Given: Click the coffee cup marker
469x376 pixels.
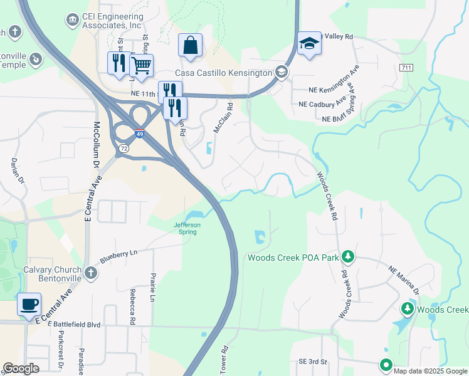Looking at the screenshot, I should [29, 305].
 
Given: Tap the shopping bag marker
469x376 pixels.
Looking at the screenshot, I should [190, 46].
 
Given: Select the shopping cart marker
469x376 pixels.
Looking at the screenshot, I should [142, 66].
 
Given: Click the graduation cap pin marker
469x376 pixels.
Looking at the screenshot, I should [309, 44].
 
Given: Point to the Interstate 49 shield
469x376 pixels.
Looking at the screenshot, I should [139, 133].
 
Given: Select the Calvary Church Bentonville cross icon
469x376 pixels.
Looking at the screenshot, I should [91, 273].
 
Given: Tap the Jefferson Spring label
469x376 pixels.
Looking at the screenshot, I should [187, 228].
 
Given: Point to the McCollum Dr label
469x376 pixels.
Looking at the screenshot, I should [97, 142].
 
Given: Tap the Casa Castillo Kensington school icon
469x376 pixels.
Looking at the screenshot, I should [282, 73].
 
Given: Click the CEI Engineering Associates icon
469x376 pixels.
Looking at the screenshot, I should [72, 20].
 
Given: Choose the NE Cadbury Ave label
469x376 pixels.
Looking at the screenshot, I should [323, 103].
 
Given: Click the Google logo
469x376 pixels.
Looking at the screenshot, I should [21, 368].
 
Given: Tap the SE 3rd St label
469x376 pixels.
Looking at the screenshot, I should [313, 362].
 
